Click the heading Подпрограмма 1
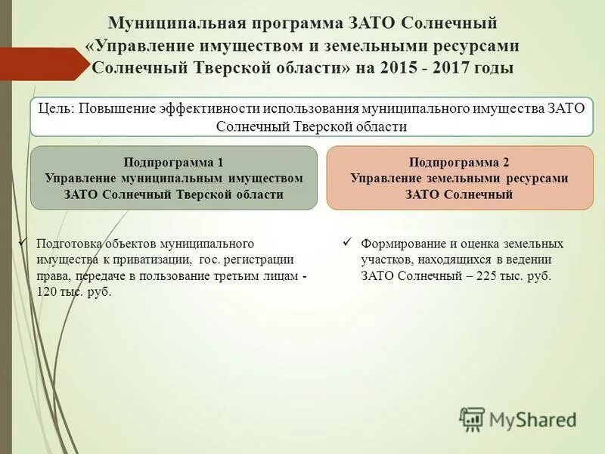tap(173, 162)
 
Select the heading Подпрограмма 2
tap(459, 162)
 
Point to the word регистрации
tap(253, 260)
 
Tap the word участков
tap(386, 260)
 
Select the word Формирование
tap(401, 244)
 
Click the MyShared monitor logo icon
tap(472, 418)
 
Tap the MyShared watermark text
tap(532, 418)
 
